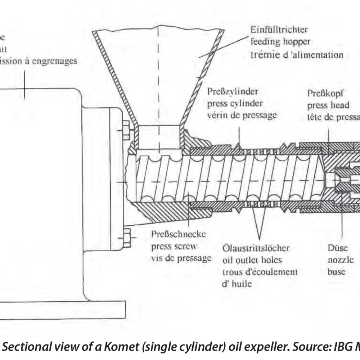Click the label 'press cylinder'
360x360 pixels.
(235, 103)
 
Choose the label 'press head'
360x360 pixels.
(328, 105)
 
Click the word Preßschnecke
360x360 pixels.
(179, 235)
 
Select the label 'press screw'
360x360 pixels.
(174, 247)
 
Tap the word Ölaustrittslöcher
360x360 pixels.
(256, 248)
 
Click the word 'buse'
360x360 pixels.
(336, 271)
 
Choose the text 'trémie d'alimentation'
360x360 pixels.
(296, 55)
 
